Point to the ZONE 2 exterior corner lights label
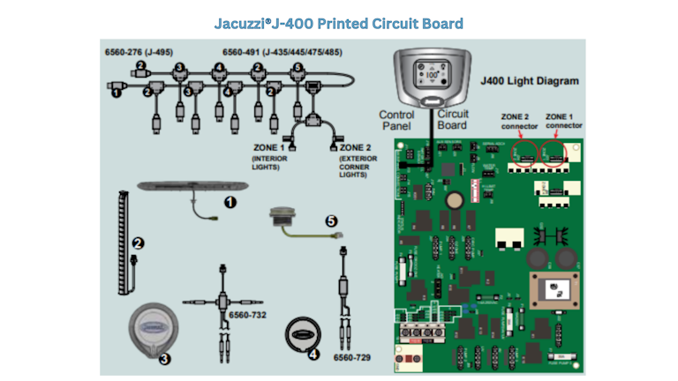358,160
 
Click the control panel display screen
432,74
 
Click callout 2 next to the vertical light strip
138,243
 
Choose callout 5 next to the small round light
332,222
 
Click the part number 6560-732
246,315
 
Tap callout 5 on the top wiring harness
298,67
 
